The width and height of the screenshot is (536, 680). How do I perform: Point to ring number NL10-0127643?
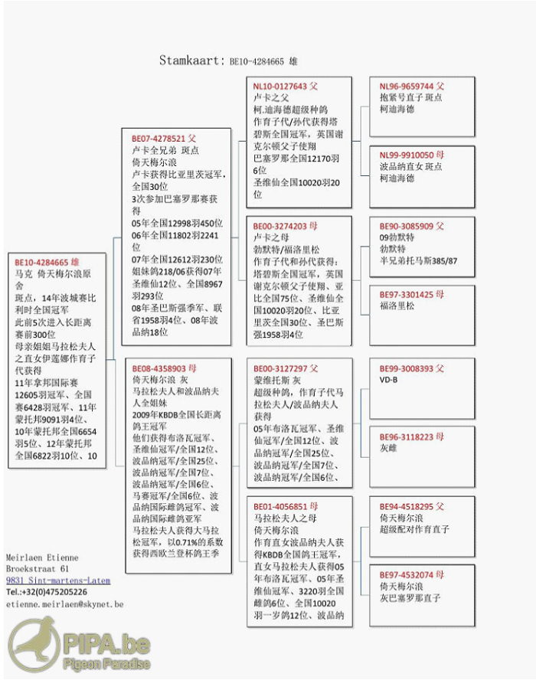279,87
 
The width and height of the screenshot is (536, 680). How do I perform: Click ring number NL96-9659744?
407,87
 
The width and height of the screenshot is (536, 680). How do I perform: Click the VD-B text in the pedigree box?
389,380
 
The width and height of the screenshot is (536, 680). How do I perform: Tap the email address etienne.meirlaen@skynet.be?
64,604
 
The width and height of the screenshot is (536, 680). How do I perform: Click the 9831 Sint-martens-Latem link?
57,580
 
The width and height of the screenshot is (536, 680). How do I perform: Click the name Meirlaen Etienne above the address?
42,557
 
